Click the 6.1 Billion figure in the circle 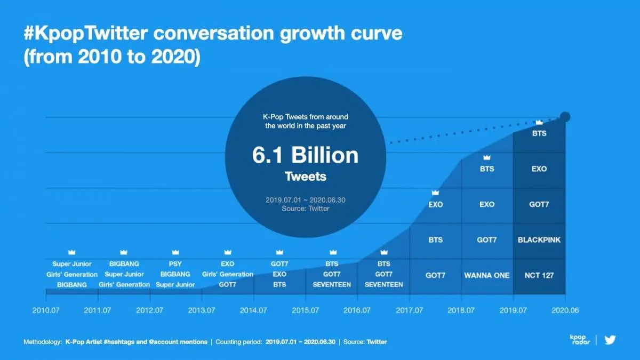(305, 155)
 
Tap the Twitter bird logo (610, 340)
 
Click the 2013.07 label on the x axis (202, 310)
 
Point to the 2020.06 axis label (565, 310)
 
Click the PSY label (175, 264)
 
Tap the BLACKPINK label (539, 240)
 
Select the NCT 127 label (539, 275)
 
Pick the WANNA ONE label (487, 275)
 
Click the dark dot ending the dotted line (565, 117)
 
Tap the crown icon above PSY (175, 252)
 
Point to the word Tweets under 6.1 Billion (305, 176)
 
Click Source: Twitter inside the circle (305, 209)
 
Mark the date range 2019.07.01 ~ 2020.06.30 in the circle (305, 200)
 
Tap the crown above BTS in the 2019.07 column (539, 123)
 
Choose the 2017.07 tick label (410, 310)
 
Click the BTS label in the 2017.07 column (435, 240)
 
